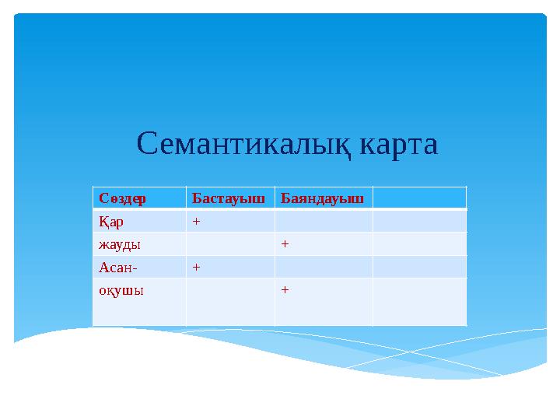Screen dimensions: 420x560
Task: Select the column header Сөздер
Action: [x=123, y=198]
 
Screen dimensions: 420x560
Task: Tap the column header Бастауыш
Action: [x=229, y=198]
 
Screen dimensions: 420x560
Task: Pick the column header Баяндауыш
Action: [x=322, y=198]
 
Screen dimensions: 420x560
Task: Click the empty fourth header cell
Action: [x=419, y=198]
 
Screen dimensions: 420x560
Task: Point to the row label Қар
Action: [x=110, y=222]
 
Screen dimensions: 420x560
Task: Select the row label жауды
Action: [x=119, y=244]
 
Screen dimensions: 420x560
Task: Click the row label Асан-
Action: [x=117, y=267]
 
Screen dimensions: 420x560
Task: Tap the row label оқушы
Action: [x=121, y=290]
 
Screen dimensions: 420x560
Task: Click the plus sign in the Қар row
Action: [x=197, y=222]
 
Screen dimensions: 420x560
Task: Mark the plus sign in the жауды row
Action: [x=285, y=244]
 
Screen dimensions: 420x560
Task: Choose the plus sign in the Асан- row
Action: [x=197, y=267]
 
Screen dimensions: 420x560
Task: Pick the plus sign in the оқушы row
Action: [x=285, y=290]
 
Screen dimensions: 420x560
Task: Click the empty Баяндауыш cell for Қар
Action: [x=324, y=222]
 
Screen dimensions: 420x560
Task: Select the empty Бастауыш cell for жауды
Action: [x=230, y=244]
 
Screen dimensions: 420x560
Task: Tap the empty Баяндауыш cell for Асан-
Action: [x=324, y=267]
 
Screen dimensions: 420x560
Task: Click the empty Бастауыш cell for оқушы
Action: [x=230, y=302]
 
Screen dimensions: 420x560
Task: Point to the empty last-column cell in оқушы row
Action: [x=419, y=302]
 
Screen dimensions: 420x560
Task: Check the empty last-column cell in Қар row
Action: [x=419, y=222]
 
